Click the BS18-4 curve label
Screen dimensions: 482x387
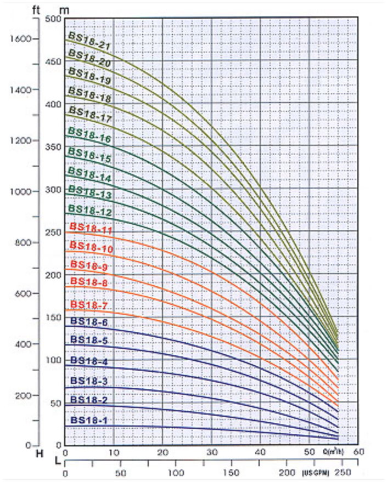pyautogui.click(x=89, y=361)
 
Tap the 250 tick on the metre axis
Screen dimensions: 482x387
pyautogui.click(x=53, y=232)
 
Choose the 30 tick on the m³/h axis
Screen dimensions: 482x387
pyautogui.click(x=212, y=453)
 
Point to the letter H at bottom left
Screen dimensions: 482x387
pyautogui.click(x=39, y=454)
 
